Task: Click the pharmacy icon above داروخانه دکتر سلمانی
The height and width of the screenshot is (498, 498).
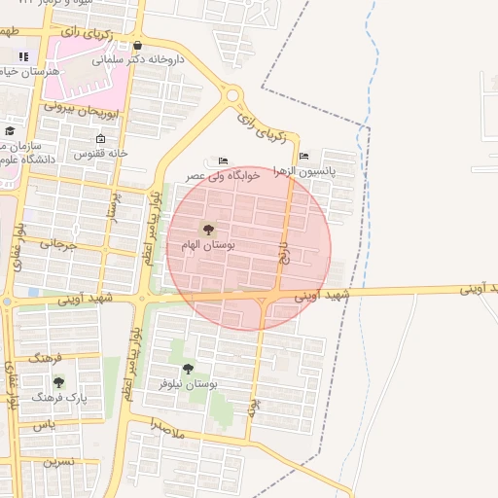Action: [137, 45]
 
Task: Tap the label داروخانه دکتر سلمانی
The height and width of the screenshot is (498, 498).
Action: [138, 59]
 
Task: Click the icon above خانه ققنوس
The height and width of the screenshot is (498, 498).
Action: [100, 139]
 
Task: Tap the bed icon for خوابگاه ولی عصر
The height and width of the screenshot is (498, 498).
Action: [224, 160]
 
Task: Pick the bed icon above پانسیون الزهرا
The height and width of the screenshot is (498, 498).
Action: [304, 156]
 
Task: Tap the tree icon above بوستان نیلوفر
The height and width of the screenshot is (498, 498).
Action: [187, 369]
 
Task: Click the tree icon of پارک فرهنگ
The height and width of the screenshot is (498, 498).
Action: [58, 382]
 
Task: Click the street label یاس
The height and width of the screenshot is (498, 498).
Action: [44, 425]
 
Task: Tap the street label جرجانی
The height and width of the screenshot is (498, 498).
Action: [58, 245]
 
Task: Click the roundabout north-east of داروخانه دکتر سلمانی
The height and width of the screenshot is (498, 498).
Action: [233, 95]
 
